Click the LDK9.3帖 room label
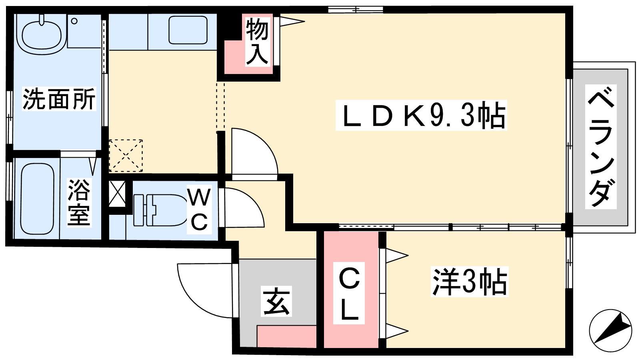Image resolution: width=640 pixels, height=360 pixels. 421,115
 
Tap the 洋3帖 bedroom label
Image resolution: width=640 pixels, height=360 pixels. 469,282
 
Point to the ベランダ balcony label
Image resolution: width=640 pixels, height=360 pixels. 601,146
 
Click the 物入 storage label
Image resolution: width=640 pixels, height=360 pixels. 256,42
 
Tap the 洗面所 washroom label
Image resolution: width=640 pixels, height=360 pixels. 59,99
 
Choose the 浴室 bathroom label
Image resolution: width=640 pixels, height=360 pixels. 78,202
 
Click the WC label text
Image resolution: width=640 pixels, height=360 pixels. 199,210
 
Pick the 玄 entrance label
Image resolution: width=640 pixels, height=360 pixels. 276,301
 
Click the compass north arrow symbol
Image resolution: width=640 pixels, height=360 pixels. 610,330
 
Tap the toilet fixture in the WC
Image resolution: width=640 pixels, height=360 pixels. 160,210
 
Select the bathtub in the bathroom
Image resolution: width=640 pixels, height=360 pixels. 37,198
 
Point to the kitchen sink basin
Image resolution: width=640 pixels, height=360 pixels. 188,30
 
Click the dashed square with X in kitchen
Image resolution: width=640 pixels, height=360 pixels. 126,156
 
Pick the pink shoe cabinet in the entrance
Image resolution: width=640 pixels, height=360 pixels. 286,336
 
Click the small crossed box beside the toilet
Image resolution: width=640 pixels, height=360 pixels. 117,194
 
